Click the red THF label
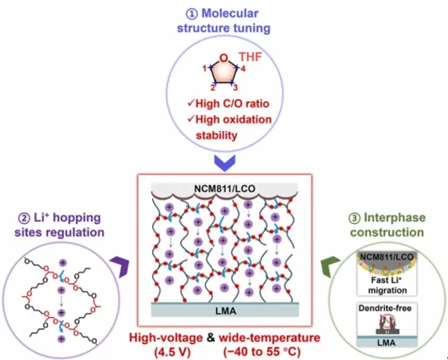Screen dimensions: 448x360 [250, 57]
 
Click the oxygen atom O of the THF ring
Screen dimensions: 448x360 [224, 58]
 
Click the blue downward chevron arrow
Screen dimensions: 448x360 [224, 163]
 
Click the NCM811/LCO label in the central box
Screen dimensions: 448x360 [224, 188]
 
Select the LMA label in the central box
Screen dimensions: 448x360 [226, 311]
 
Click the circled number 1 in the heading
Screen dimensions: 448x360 [192, 13]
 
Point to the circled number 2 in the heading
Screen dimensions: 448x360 [24, 218]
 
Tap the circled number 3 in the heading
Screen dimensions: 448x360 [355, 218]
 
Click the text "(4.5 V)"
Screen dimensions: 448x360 [172, 352]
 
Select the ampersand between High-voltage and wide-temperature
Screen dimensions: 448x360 [211, 337]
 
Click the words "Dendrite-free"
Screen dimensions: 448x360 [385, 308]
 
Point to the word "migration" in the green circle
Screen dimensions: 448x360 [387, 290]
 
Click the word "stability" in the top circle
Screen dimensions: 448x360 [217, 135]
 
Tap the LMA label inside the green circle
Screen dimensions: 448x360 [387, 342]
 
